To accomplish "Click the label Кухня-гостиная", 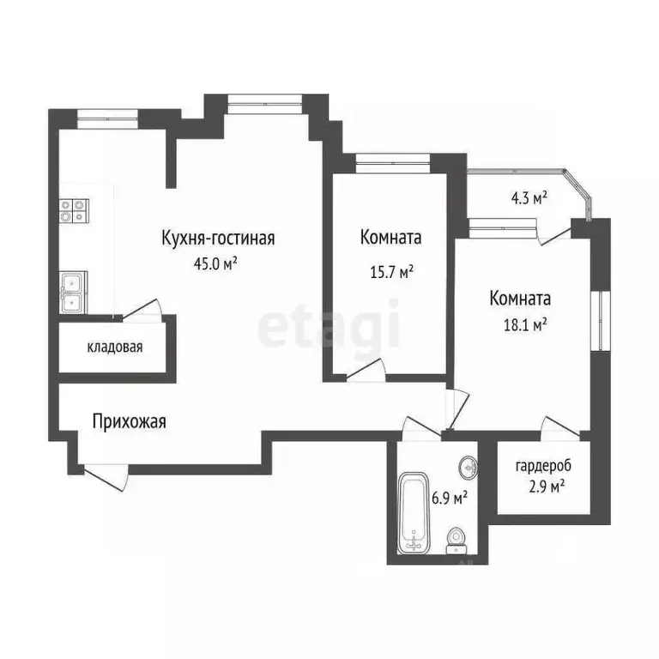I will coord(218,238).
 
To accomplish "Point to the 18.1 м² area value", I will coord(519,325).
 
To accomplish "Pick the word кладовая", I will coord(114,348).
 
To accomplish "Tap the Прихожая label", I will coord(130,421).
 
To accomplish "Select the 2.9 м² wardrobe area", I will coord(543,487).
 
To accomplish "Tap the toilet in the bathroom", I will coord(456,540).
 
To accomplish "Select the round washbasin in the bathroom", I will coord(466,468).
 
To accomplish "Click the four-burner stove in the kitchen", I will coord(74,211).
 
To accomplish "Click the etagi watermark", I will coord(329,323).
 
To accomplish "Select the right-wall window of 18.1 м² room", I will coord(603,317).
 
